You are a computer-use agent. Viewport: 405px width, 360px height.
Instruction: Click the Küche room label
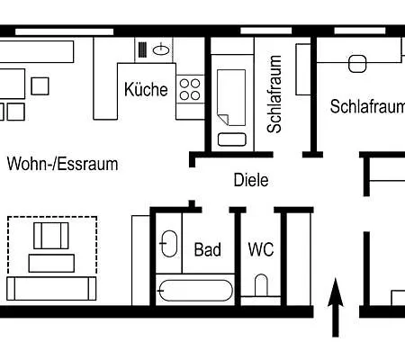(x=147, y=89)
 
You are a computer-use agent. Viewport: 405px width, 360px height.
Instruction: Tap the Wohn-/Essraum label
(x=63, y=165)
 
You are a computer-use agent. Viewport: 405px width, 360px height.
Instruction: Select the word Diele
(x=250, y=180)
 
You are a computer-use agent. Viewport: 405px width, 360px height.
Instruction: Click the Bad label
(x=208, y=249)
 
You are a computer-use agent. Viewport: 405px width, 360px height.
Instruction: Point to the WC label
(x=261, y=249)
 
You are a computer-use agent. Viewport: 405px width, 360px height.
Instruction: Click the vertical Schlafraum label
(x=275, y=94)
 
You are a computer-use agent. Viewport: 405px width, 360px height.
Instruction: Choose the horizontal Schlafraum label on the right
(x=366, y=107)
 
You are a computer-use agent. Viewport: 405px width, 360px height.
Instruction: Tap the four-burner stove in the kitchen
(x=190, y=88)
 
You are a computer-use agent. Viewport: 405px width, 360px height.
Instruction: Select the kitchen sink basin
(x=160, y=49)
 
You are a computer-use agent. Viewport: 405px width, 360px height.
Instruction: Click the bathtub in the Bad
(x=196, y=291)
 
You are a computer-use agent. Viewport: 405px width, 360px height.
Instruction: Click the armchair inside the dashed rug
(x=51, y=237)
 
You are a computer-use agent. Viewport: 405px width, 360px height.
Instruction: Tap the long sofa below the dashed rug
(x=50, y=288)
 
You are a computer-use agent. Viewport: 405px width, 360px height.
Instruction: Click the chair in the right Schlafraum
(x=358, y=63)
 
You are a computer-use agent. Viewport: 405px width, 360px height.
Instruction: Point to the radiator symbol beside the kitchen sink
(x=142, y=49)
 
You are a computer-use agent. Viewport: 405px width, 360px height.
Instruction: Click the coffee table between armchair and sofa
(x=51, y=263)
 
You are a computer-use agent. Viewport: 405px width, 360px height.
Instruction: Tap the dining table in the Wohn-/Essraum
(x=11, y=83)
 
